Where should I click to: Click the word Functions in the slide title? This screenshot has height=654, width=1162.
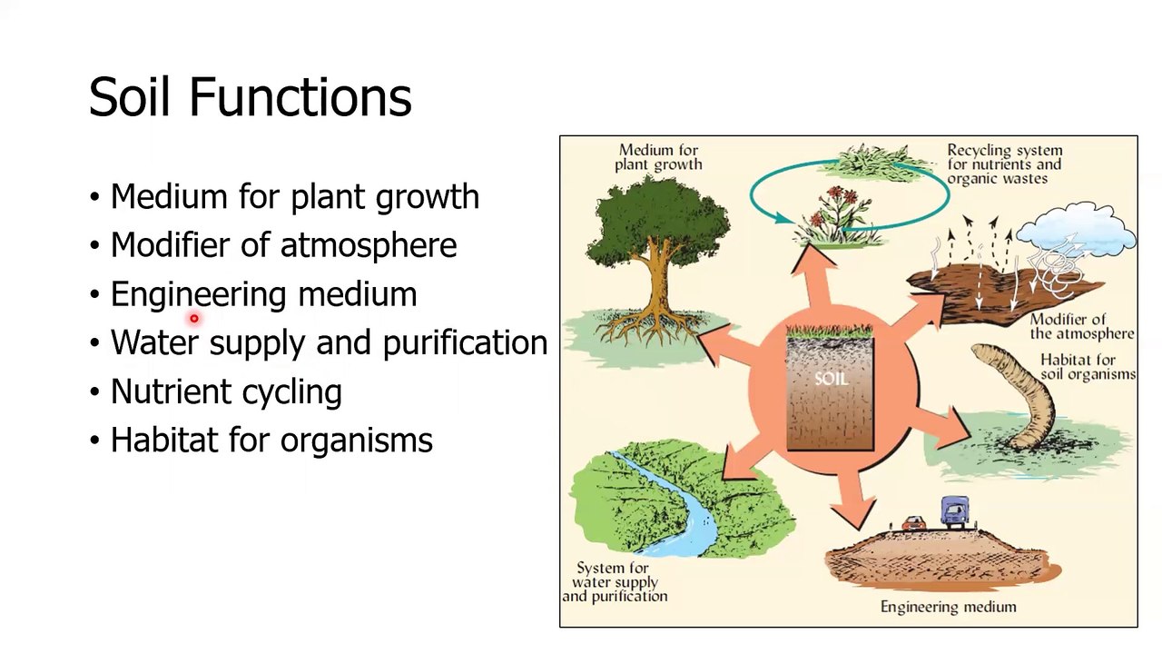[300, 97]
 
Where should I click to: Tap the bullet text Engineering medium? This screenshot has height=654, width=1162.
[264, 295]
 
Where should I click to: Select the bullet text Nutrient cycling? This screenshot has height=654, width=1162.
[227, 392]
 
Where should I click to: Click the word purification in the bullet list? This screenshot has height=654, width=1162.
[466, 343]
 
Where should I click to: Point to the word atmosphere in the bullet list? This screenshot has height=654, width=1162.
[369, 246]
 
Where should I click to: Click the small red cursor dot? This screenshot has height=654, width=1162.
[194, 318]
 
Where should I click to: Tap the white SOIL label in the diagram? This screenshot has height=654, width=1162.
[832, 379]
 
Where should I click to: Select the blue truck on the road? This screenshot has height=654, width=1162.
[955, 512]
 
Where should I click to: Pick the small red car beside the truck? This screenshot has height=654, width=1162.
[913, 522]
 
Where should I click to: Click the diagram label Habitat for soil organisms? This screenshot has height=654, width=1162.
[1088, 367]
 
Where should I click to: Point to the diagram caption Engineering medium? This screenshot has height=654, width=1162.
[949, 607]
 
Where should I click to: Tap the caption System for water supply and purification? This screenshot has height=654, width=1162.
[615, 582]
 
